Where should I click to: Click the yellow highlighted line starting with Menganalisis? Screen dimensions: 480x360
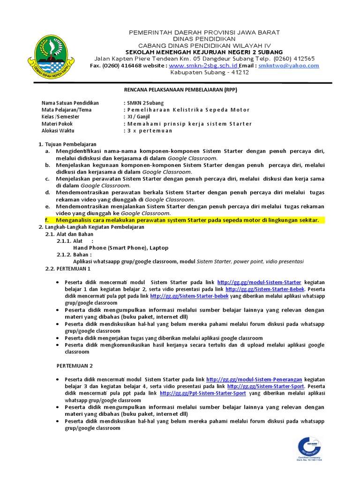tap(187, 220)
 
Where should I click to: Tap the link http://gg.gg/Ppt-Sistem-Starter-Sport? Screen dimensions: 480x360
tap(202, 394)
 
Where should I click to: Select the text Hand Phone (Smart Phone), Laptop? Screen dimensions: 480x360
tap(121, 247)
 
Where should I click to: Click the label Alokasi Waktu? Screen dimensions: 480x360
tap(58, 131)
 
